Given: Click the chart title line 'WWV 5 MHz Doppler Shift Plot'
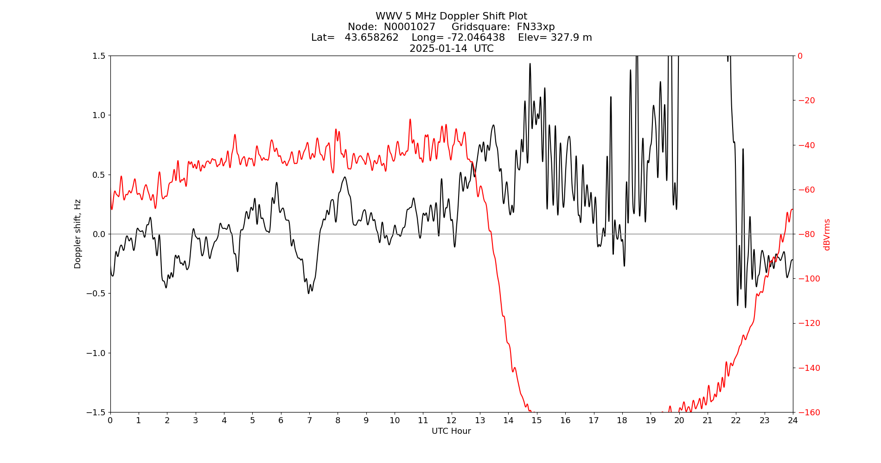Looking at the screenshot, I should click(451, 16).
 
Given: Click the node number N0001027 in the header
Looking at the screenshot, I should click(409, 27).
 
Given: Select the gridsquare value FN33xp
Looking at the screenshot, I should click(536, 27).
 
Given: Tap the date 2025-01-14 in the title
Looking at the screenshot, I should click(438, 49).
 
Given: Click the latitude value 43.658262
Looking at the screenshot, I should click(371, 38).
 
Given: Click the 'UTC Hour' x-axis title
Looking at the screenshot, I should click(451, 431).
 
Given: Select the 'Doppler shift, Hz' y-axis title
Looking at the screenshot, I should click(78, 234).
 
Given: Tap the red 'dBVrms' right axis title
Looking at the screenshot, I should click(827, 234).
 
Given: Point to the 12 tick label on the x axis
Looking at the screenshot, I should click(451, 420).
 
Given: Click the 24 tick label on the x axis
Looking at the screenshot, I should click(792, 420).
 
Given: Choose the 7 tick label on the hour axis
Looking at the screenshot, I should click(309, 420).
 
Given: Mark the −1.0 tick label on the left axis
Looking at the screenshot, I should click(96, 353).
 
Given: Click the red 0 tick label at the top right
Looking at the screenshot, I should click(800, 56).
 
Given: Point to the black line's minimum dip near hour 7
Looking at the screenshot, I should click(308, 293).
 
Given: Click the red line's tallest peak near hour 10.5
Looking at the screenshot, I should click(410, 119).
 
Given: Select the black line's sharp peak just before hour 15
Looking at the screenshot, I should click(530, 64).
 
